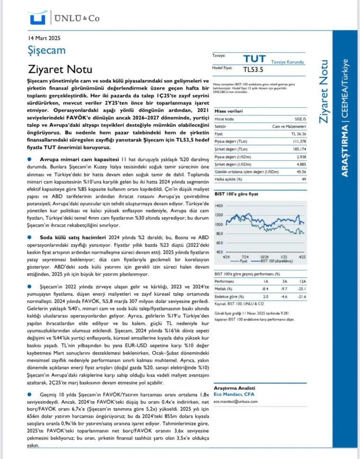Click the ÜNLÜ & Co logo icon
click(37, 18)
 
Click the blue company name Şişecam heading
click(46, 50)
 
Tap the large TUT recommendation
click(254, 59)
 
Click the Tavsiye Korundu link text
click(288, 62)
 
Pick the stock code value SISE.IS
click(300, 119)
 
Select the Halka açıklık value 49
click(304, 179)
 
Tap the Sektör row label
click(220, 127)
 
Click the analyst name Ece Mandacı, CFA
click(233, 395)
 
